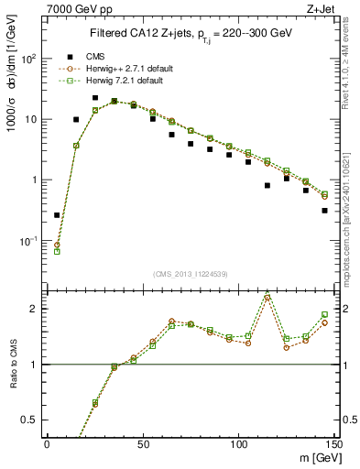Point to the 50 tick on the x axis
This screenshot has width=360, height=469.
(142, 442)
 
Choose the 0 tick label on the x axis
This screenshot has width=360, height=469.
(47, 442)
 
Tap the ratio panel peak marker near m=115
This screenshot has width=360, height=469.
(267, 297)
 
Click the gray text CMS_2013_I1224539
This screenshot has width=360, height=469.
(190, 272)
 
